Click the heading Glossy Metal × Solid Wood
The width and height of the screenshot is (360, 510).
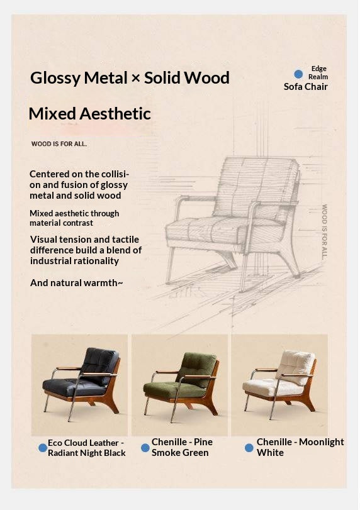130,78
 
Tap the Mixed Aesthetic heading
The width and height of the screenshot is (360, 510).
89,114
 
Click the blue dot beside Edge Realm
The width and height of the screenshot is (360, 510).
298,74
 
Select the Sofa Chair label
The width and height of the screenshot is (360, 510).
305,87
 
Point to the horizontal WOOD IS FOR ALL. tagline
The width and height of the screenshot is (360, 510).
59,144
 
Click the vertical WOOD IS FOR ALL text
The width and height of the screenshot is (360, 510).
325,231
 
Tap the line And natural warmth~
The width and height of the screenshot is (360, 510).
76,283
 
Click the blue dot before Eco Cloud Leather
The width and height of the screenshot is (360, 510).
43,448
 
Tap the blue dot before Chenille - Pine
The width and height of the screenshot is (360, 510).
145,448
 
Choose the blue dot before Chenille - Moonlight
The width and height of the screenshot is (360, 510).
249,448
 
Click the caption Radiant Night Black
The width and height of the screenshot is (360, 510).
87,453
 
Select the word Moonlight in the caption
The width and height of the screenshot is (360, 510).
321,442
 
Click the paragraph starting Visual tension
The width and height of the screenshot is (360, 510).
86,250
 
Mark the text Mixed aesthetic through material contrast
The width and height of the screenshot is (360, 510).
74,218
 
